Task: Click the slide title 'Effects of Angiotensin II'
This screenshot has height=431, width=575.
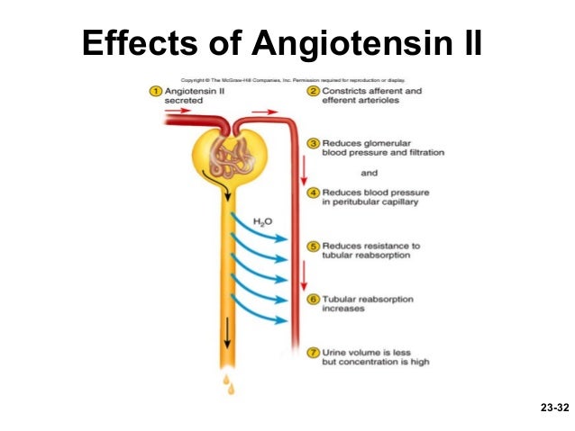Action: coord(282,41)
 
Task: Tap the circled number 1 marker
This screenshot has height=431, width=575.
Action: coord(154,91)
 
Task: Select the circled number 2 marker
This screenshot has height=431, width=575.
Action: coord(313,91)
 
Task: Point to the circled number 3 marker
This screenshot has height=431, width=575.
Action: coord(313,143)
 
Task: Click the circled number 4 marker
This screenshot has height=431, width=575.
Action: coord(313,193)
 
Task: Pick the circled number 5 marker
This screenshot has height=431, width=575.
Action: coord(313,246)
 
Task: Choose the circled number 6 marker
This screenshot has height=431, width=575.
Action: coord(313,298)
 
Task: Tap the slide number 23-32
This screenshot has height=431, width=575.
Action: coord(554,408)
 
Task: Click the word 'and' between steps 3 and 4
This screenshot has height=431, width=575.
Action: coord(370,172)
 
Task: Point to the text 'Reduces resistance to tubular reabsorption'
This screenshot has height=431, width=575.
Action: coord(370,250)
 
